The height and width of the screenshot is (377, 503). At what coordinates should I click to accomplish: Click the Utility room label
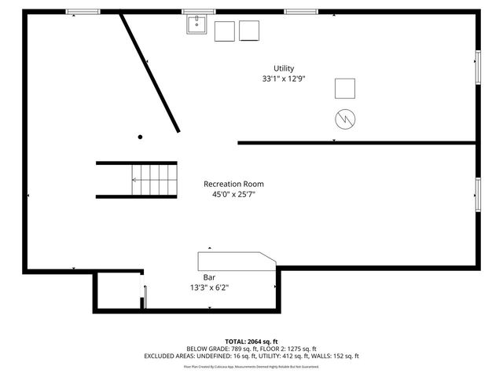click(284, 68)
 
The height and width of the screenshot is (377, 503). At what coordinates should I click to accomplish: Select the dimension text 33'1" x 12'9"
click(284, 79)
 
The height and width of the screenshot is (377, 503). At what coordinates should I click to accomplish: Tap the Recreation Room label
click(233, 184)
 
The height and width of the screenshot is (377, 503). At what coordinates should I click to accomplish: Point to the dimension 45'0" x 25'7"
click(233, 194)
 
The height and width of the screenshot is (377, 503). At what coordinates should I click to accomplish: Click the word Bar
click(210, 277)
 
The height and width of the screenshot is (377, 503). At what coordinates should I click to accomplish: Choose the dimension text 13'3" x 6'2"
click(210, 287)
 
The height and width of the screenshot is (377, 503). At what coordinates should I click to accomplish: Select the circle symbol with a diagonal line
click(345, 118)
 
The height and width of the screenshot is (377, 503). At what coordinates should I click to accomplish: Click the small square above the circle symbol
click(345, 88)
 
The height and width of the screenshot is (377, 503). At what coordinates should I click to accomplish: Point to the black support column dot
click(141, 137)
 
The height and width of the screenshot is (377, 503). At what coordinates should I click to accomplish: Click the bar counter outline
click(236, 261)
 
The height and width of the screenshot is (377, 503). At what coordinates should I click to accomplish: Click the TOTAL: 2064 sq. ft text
click(251, 341)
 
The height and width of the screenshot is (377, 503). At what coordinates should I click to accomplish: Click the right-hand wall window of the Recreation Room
click(477, 190)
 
